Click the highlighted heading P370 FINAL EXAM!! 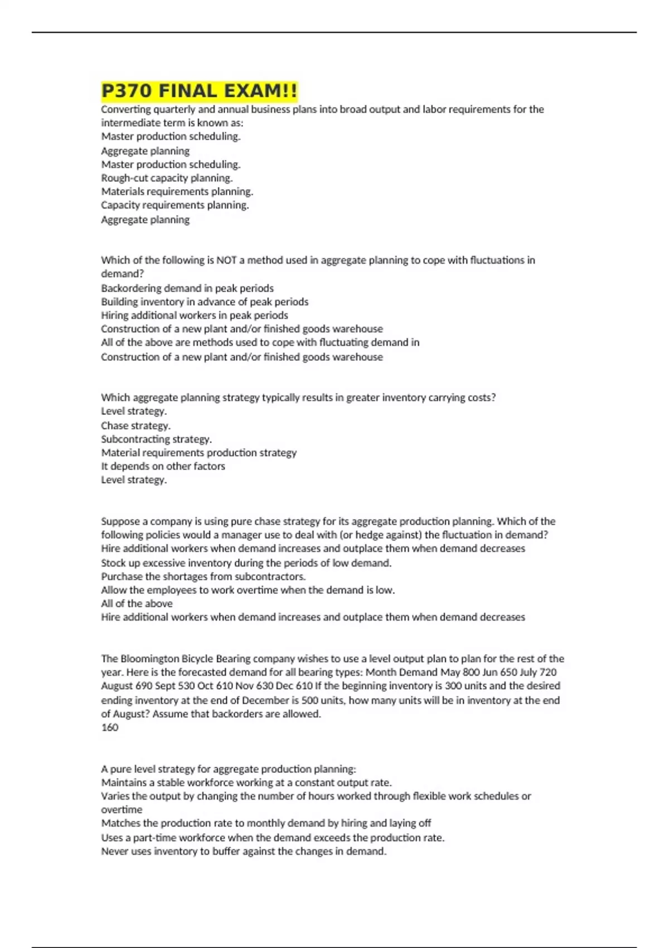(x=199, y=91)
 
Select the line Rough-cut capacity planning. (x=167, y=178)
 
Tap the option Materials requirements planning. (x=177, y=192)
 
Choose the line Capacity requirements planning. (x=174, y=205)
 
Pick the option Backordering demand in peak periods (x=187, y=288)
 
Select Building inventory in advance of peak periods (x=204, y=302)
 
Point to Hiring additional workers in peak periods (x=194, y=315)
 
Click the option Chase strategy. (x=135, y=425)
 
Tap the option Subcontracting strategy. (x=156, y=439)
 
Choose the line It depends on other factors (x=163, y=466)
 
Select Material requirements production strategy (x=198, y=453)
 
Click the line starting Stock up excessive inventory (x=246, y=563)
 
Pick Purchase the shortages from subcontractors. (x=203, y=577)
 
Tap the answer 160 (x=110, y=727)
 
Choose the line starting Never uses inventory (x=243, y=852)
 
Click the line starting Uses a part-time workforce (x=273, y=838)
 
